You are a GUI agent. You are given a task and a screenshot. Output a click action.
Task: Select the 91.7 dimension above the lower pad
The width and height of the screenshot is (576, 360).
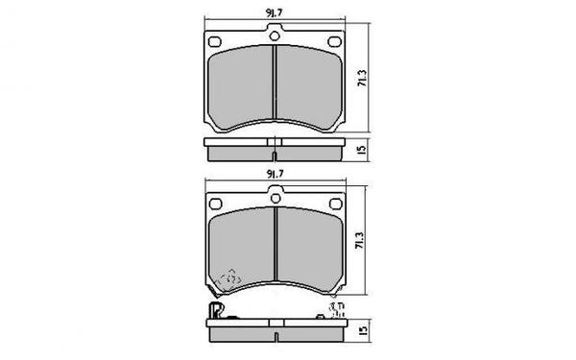click(x=275, y=173)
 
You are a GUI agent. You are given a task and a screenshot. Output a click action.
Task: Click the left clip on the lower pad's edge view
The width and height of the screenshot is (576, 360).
click(x=215, y=310)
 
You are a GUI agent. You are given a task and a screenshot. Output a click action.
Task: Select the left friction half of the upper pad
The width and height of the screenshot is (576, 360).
click(x=242, y=86)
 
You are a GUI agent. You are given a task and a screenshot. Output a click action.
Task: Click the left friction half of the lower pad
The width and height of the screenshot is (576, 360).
click(x=242, y=245)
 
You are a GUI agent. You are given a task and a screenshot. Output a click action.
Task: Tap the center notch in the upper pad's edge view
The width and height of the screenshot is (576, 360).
click(x=275, y=154)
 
